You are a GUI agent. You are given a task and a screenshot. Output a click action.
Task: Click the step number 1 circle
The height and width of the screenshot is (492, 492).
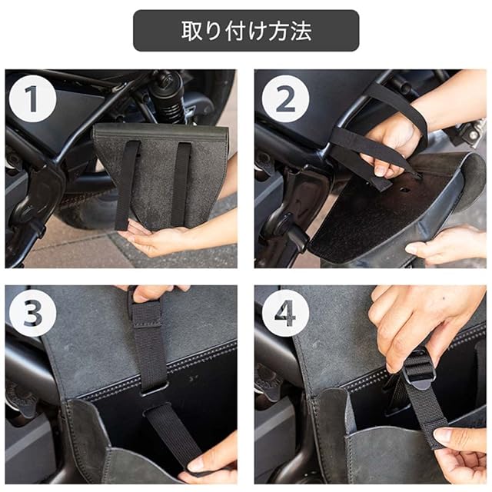pyautogui.click(x=32, y=99)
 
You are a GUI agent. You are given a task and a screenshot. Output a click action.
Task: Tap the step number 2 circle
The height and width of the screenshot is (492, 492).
pyautogui.click(x=285, y=99)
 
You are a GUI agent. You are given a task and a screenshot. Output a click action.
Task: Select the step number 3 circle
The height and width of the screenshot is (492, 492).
pyautogui.click(x=32, y=314)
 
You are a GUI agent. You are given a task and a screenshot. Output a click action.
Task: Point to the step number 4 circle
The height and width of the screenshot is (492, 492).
pyautogui.click(x=285, y=314)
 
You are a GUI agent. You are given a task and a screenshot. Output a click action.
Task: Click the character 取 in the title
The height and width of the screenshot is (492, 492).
pyautogui.click(x=192, y=31)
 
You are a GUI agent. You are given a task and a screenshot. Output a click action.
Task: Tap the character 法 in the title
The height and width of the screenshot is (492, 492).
pyautogui.click(x=301, y=31)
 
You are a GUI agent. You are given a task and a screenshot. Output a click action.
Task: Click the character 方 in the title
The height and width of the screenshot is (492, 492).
pyautogui.click(x=279, y=31)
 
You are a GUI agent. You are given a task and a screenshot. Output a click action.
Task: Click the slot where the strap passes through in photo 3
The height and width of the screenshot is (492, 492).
pyautogui.click(x=153, y=390)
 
